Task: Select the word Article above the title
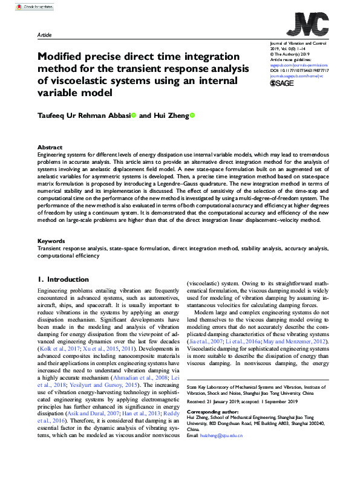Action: (x=44, y=34)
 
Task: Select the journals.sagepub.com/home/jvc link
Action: (x=295, y=76)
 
